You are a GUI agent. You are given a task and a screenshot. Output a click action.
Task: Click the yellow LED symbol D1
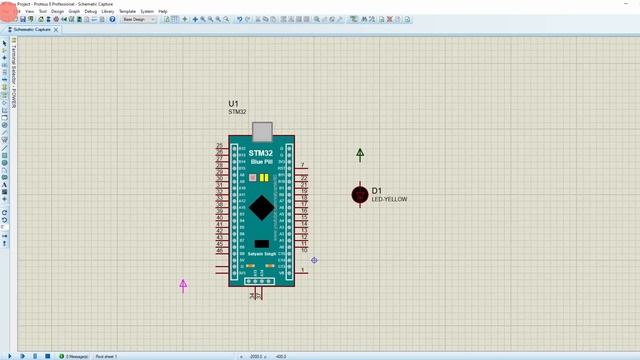360,194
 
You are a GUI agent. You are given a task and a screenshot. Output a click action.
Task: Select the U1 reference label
234,104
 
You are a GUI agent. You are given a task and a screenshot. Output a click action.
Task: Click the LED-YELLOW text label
389,200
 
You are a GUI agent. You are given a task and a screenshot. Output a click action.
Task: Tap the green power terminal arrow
361,154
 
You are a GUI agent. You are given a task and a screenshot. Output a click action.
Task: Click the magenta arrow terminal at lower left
183,285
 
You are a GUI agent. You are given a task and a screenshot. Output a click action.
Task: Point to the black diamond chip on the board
262,207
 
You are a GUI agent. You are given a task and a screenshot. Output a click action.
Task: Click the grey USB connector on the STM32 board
262,132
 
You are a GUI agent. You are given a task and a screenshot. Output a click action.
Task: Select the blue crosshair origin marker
314,260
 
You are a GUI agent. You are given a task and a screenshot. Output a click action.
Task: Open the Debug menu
91,11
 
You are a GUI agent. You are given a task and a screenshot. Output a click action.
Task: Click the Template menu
127,11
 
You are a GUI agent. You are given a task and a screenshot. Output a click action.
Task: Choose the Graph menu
74,11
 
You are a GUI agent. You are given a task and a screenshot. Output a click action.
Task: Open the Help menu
163,11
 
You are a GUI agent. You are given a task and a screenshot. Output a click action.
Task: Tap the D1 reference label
377,191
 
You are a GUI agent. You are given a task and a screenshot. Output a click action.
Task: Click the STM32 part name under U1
237,112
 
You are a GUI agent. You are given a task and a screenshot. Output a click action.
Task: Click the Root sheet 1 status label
106,356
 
